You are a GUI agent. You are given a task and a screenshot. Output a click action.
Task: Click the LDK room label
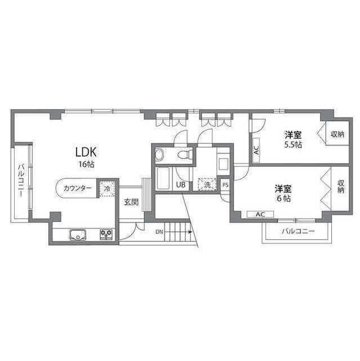point(86,152)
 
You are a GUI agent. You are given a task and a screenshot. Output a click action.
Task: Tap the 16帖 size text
point(86,164)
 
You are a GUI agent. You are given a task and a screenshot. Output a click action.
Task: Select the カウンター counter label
point(78,188)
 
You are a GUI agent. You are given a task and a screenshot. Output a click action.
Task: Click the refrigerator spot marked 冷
point(107,188)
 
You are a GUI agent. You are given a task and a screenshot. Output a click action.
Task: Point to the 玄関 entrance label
point(131,202)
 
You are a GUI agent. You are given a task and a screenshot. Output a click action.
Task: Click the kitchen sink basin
point(78,235)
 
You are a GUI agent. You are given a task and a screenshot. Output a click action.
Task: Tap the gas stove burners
point(106,235)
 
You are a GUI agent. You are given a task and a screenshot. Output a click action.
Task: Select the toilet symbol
point(185,154)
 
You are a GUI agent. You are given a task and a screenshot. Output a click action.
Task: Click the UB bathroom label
point(181,184)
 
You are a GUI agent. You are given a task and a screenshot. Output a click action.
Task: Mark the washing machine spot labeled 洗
point(207,184)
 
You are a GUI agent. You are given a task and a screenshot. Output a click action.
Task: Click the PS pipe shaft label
point(225,184)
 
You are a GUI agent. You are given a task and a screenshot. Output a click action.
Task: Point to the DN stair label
point(159,232)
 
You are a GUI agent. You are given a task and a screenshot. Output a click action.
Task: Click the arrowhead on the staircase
point(190,232)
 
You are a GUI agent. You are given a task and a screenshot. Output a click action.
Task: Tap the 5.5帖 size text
point(293,144)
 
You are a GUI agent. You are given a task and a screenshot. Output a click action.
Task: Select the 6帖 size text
point(283,198)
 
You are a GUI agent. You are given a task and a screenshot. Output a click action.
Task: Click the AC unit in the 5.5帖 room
point(256,150)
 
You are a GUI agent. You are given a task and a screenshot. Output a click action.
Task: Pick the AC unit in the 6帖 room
point(260,214)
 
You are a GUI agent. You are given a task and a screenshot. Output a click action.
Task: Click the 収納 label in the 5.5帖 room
point(337,134)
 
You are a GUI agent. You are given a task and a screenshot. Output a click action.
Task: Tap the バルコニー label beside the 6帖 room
point(298,231)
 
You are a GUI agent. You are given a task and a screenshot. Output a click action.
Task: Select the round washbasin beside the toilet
point(159,154)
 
